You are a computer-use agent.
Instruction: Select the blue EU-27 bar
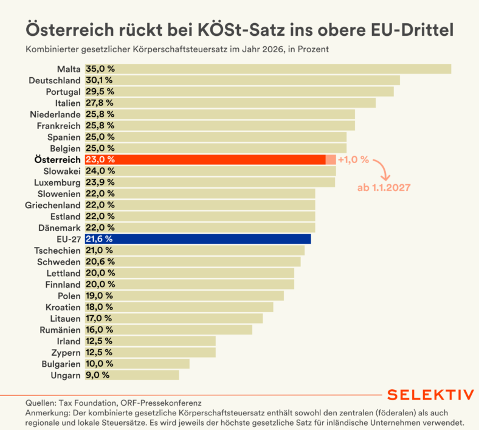click(198, 239)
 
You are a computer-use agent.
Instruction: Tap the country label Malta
click(69, 69)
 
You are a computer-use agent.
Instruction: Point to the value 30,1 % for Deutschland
click(100, 80)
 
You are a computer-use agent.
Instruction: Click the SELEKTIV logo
click(430, 395)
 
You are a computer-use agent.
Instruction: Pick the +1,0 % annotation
click(353, 159)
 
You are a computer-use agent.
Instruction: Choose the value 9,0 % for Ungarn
click(97, 375)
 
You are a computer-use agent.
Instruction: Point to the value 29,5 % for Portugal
click(100, 91)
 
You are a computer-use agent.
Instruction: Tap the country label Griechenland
click(53, 205)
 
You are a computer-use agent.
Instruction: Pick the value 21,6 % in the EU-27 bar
click(100, 239)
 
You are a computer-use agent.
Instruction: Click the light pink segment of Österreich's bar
click(331, 159)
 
